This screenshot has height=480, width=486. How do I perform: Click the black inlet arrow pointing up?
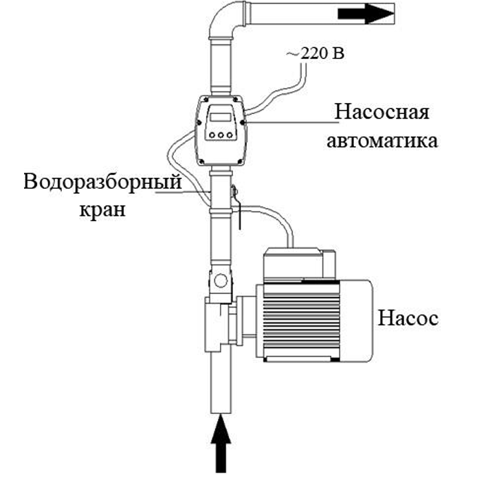click(219, 439)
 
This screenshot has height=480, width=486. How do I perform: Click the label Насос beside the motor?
click(408, 319)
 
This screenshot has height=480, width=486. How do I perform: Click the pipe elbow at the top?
click(224, 25)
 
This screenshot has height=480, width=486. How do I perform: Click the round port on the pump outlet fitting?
click(221, 279)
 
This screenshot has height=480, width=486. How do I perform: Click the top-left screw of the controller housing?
click(203, 102)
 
